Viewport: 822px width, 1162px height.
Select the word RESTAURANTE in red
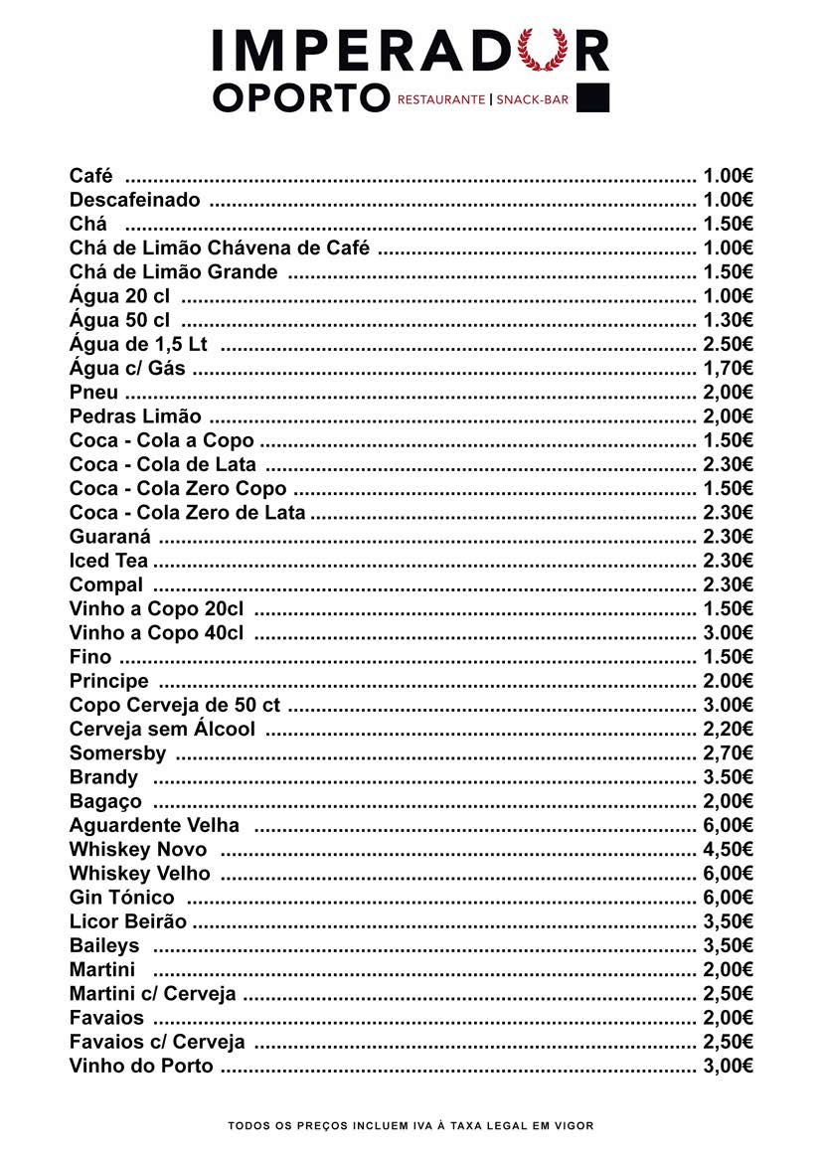(441, 99)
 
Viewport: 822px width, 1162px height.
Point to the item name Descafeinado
(134, 200)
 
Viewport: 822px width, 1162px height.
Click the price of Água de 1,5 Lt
(728, 344)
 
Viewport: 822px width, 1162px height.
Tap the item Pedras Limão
(135, 416)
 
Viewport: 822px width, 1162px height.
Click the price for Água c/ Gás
(728, 368)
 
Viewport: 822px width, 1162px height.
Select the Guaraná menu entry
(109, 537)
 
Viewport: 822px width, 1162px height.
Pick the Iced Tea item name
(108, 561)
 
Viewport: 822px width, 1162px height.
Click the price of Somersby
(728, 752)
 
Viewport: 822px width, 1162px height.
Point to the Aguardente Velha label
(154, 825)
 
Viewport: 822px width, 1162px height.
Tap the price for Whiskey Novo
(728, 849)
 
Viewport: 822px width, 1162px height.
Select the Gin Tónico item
(121, 898)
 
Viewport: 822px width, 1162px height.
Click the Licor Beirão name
(128, 921)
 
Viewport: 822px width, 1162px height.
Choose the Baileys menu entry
(104, 945)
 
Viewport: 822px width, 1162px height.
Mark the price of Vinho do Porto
(728, 1066)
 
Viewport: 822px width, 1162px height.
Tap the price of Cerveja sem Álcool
(728, 729)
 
